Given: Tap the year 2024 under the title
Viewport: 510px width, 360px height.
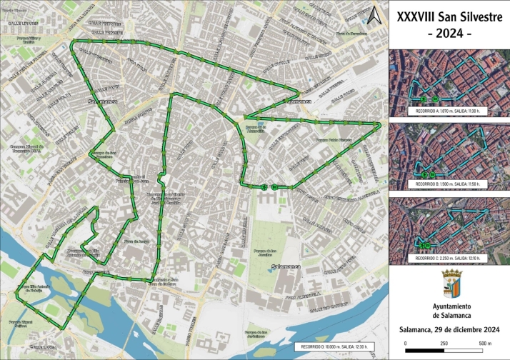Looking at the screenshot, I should (x=449, y=34).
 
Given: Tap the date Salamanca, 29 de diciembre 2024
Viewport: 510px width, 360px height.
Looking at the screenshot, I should (x=449, y=330).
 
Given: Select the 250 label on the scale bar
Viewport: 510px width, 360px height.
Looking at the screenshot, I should (x=445, y=344).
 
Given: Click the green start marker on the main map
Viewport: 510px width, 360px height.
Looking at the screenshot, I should (x=265, y=187).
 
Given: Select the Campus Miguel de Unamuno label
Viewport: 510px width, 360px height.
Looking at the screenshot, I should (x=22, y=148).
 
